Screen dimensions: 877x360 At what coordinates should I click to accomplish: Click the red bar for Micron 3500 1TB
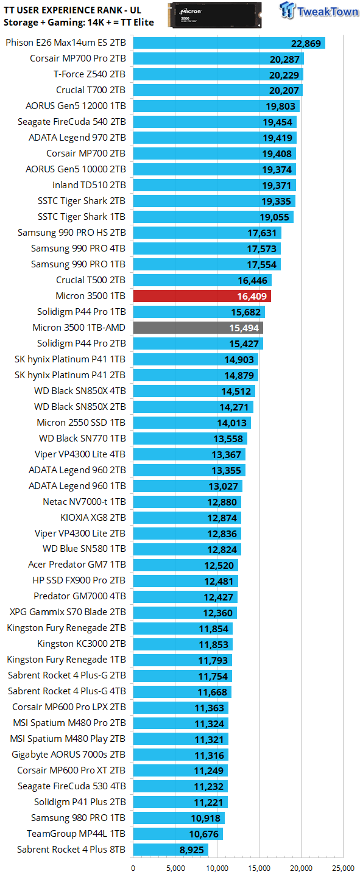tap(202, 296)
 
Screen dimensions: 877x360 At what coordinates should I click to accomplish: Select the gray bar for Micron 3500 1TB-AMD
tap(198, 328)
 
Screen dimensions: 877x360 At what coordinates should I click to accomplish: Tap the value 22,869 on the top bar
tap(306, 43)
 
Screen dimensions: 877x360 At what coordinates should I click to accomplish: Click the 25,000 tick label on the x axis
tap(344, 868)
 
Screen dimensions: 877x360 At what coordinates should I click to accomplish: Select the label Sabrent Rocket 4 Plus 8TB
tap(71, 850)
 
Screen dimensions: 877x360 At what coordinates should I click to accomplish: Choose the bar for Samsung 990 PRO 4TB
tap(206, 248)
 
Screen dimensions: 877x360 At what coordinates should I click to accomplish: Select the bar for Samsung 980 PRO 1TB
tap(178, 818)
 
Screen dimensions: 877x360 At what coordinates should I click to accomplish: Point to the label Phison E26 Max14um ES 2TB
tap(66, 43)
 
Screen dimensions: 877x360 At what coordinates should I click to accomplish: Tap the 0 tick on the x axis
tap(133, 868)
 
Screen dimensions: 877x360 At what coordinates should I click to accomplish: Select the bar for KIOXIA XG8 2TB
tap(187, 518)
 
